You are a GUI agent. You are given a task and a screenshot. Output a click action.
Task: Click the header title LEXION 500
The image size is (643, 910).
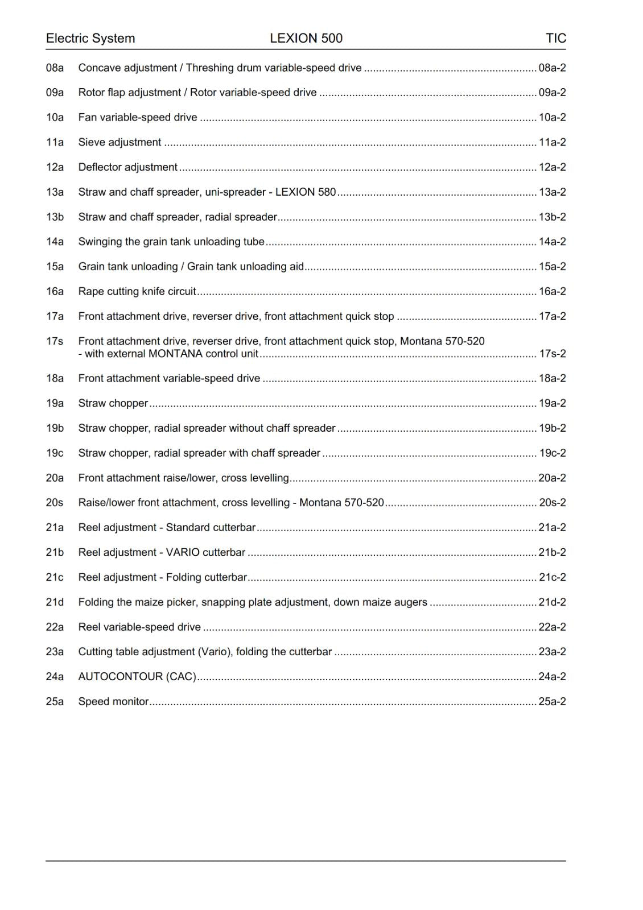[306, 38]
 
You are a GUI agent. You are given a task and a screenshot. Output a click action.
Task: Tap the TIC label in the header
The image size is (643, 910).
[555, 38]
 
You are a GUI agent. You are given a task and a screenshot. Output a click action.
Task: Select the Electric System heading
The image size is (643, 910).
[90, 38]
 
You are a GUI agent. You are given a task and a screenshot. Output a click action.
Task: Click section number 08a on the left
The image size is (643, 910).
[55, 68]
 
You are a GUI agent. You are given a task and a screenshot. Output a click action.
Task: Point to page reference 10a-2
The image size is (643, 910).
[552, 118]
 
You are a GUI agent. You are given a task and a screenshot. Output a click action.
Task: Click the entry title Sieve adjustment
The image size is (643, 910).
[119, 142]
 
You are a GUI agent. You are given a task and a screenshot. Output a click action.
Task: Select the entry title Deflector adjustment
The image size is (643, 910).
[128, 167]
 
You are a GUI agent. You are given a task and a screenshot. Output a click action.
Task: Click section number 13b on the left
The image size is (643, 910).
[55, 217]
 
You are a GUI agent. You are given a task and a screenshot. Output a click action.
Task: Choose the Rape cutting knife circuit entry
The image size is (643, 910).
[137, 292]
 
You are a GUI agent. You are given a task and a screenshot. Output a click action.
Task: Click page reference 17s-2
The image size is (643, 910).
[552, 354]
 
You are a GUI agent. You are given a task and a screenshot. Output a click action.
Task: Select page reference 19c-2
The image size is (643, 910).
[552, 453]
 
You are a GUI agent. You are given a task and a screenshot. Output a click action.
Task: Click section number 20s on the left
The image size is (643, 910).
[55, 503]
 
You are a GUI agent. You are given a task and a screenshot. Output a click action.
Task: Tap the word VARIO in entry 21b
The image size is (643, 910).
[183, 553]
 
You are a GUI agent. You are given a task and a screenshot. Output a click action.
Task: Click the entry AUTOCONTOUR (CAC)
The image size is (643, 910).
[137, 677]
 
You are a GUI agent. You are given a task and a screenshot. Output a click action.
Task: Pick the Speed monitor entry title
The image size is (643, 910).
[113, 702]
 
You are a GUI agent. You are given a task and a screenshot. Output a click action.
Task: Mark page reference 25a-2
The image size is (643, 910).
[552, 702]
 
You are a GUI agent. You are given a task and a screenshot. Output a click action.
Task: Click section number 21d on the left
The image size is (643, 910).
[55, 602]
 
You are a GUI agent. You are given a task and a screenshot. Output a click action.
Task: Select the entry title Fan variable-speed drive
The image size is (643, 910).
[138, 118]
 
